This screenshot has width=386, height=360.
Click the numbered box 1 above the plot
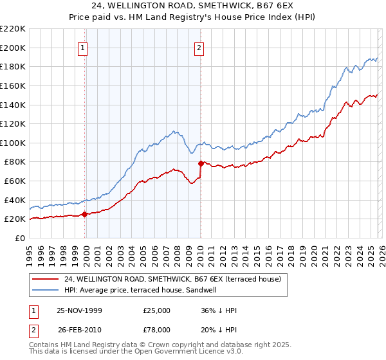pos(84,47)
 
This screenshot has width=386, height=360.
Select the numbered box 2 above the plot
pos(199,47)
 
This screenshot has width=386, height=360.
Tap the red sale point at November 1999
pos(85,215)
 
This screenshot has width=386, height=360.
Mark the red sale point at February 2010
pos(201,163)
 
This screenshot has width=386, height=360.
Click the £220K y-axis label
pos(13,29)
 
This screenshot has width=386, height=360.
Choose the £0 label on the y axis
pos(19,238)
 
